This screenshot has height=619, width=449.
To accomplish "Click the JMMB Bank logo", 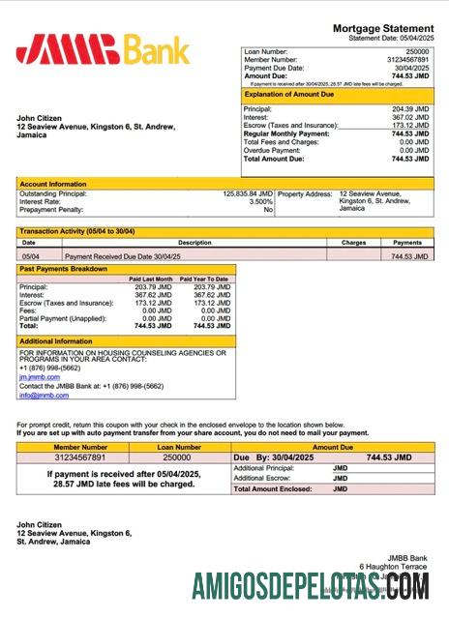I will point(103,48).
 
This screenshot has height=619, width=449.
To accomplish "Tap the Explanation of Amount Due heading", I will point(289,95).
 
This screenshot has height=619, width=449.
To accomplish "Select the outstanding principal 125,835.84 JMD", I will point(248,192).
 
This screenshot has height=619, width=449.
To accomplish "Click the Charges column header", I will point(354,243).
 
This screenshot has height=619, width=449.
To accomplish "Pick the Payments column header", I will point(407,243).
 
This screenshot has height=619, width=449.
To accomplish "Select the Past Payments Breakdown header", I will point(64,269).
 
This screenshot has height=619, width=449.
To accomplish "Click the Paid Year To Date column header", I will point(204,279).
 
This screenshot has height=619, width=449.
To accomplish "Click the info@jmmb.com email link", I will point(37,395).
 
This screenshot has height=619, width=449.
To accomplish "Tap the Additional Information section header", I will point(56,341).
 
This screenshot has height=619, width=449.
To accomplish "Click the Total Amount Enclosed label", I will point(274,488).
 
